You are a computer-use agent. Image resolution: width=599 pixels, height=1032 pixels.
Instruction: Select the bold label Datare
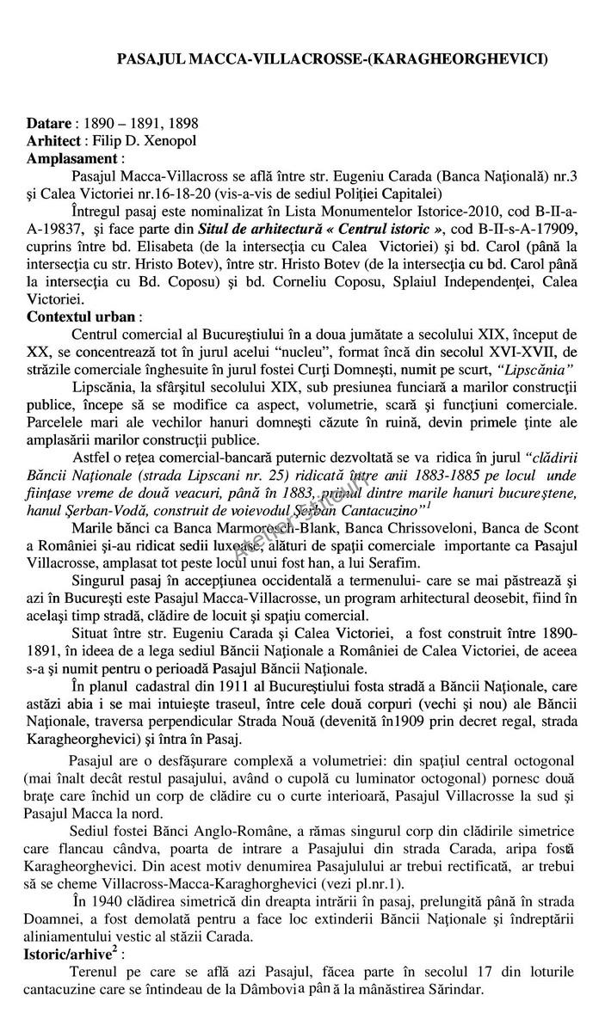pyautogui.click(x=49, y=124)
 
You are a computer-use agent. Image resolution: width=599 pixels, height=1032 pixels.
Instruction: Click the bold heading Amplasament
pyautogui.click(x=74, y=158)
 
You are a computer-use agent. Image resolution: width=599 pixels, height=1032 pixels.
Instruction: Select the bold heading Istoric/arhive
pyautogui.click(x=69, y=955)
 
